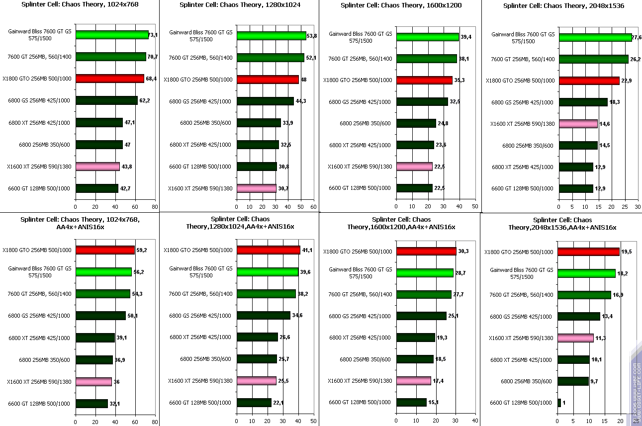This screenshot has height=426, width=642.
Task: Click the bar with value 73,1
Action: (112, 35)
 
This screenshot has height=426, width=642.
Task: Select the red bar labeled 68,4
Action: (109, 79)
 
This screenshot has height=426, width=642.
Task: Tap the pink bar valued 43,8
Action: (97, 167)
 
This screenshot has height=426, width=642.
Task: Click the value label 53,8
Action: (313, 36)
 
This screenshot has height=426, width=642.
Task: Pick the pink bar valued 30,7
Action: (257, 188)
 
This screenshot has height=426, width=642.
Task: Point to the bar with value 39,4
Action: (427, 37)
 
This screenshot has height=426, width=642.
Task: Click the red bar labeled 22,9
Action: (589, 81)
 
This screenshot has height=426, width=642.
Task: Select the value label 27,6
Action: (637, 37)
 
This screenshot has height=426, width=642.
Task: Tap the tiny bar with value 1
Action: (559, 403)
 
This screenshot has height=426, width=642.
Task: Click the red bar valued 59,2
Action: (105, 250)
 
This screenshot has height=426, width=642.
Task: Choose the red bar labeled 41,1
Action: (269, 250)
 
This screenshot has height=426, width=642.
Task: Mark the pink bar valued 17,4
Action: (413, 381)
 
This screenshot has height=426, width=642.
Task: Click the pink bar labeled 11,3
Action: (575, 338)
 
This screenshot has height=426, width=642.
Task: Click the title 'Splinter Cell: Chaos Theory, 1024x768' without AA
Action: (80, 4)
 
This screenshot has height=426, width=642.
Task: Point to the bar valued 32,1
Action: (92, 403)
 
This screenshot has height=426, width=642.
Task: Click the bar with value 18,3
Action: (583, 102)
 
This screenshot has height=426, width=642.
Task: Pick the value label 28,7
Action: (460, 273)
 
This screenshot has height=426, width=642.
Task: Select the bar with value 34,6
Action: (264, 315)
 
